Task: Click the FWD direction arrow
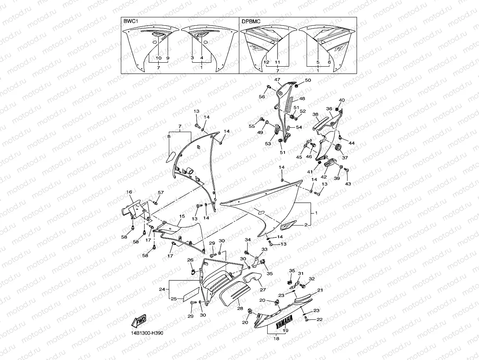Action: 139,321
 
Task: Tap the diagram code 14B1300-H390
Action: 147,333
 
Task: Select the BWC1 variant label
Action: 131,21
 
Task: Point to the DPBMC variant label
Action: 251,21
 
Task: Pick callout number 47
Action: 277,80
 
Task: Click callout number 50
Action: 308,80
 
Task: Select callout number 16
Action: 129,192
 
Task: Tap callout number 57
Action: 161,192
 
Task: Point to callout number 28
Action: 240,308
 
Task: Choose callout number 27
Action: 263,290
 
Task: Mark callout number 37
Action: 345,158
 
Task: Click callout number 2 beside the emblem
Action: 306,225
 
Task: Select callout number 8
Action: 169,136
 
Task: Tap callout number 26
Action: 190,260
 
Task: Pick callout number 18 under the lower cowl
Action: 276,339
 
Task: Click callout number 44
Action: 351,143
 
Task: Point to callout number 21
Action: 320,290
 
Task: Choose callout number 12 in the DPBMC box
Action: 266,62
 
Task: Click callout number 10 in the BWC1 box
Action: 159,58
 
